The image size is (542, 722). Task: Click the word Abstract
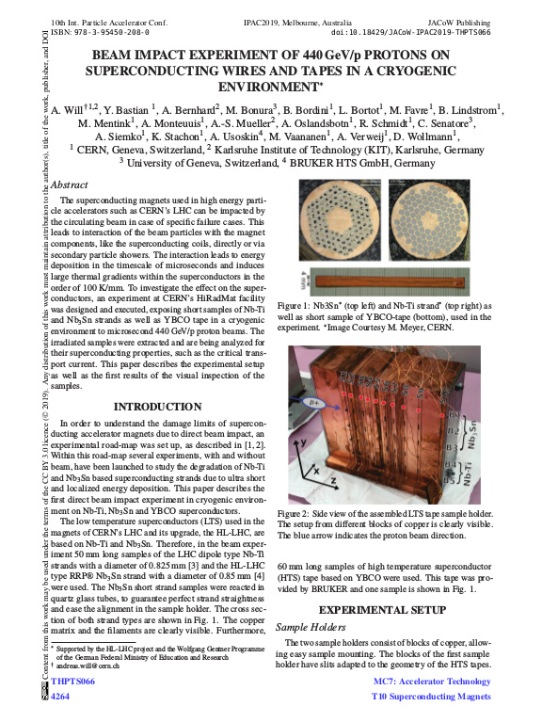pos(69,185)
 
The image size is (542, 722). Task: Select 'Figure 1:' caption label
pos(295,307)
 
